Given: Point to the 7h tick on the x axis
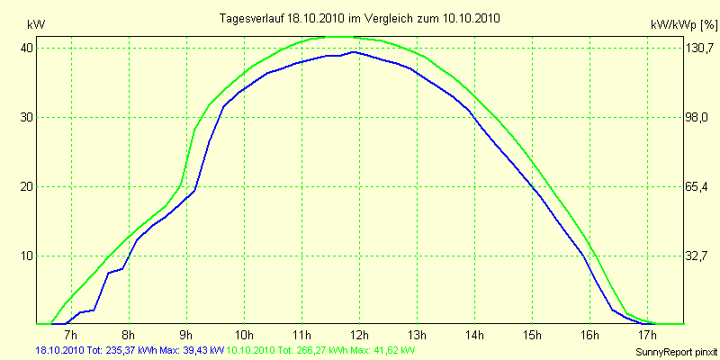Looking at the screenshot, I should (x=72, y=337).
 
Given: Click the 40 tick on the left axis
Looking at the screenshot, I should (x=28, y=48).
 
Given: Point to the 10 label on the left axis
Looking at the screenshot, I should (x=28, y=256).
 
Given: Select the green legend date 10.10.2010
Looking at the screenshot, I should (x=255, y=349).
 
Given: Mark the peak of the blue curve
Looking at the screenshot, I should (x=355, y=52).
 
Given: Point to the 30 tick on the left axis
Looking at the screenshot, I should (x=28, y=117).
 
